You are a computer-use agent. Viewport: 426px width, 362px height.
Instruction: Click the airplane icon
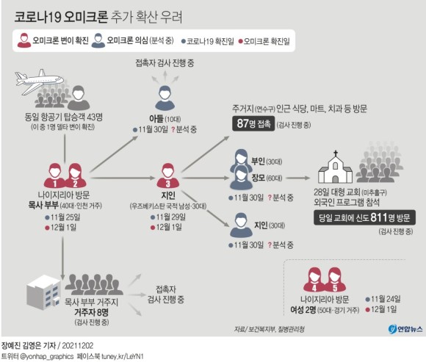pos(39,81)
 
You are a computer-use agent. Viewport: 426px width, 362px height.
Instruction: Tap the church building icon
pos(335,167)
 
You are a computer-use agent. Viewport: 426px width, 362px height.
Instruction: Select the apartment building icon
pos(43,292)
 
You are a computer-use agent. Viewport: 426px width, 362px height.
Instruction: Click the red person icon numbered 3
pos(168,175)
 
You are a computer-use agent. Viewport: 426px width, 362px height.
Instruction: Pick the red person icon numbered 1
pos(54,175)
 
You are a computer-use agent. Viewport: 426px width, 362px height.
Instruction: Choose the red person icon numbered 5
pos(335,280)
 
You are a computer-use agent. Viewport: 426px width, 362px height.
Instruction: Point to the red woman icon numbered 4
pos(314,280)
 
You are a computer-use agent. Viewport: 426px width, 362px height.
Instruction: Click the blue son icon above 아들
pos(165,98)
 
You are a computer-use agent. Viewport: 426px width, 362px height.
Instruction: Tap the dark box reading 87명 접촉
pos(253,123)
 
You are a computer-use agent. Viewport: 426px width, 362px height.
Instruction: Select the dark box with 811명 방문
pos(364,217)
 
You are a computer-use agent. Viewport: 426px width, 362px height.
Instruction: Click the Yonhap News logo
pos(405,329)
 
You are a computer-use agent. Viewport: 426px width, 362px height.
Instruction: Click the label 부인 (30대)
pos(267,162)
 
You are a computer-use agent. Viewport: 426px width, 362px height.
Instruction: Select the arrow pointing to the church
pos(298,178)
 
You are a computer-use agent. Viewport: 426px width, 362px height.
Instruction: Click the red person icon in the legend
pos(24,40)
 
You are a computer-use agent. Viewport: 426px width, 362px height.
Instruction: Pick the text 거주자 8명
pos(91,312)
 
